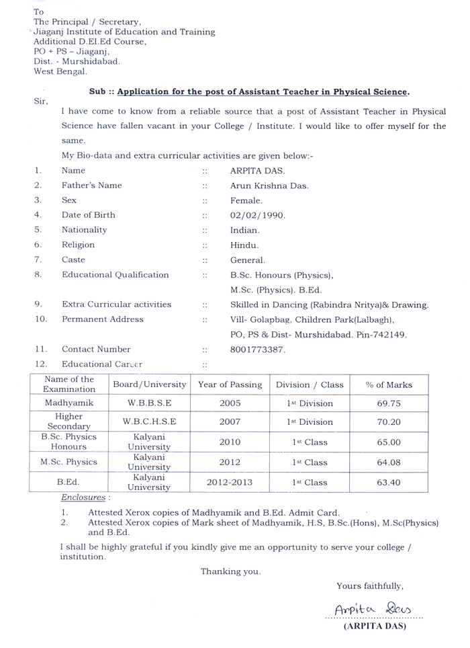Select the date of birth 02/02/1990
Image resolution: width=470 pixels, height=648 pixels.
[258, 215]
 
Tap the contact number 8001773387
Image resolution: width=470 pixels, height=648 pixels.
[258, 350]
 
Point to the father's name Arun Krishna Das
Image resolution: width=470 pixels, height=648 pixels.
[269, 186]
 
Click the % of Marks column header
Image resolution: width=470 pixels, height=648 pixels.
[389, 385]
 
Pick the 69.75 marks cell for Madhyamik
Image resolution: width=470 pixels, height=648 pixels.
[389, 403]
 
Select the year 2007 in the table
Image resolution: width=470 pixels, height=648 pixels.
[229, 422]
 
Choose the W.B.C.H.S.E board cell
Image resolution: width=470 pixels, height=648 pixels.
[149, 422]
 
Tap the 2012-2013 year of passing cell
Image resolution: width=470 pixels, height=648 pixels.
[229, 482]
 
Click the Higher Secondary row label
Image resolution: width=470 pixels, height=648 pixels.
[69, 422]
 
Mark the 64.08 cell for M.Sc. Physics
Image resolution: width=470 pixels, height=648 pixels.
[389, 462]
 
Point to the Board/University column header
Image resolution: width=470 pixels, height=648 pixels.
[149, 385]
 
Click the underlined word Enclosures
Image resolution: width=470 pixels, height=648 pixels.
[83, 498]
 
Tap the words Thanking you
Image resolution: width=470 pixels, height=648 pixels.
[230, 571]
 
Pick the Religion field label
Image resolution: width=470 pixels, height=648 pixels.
[79, 245]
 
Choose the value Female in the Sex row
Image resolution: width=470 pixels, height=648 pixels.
[246, 200]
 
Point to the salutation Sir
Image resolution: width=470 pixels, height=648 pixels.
[40, 102]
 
